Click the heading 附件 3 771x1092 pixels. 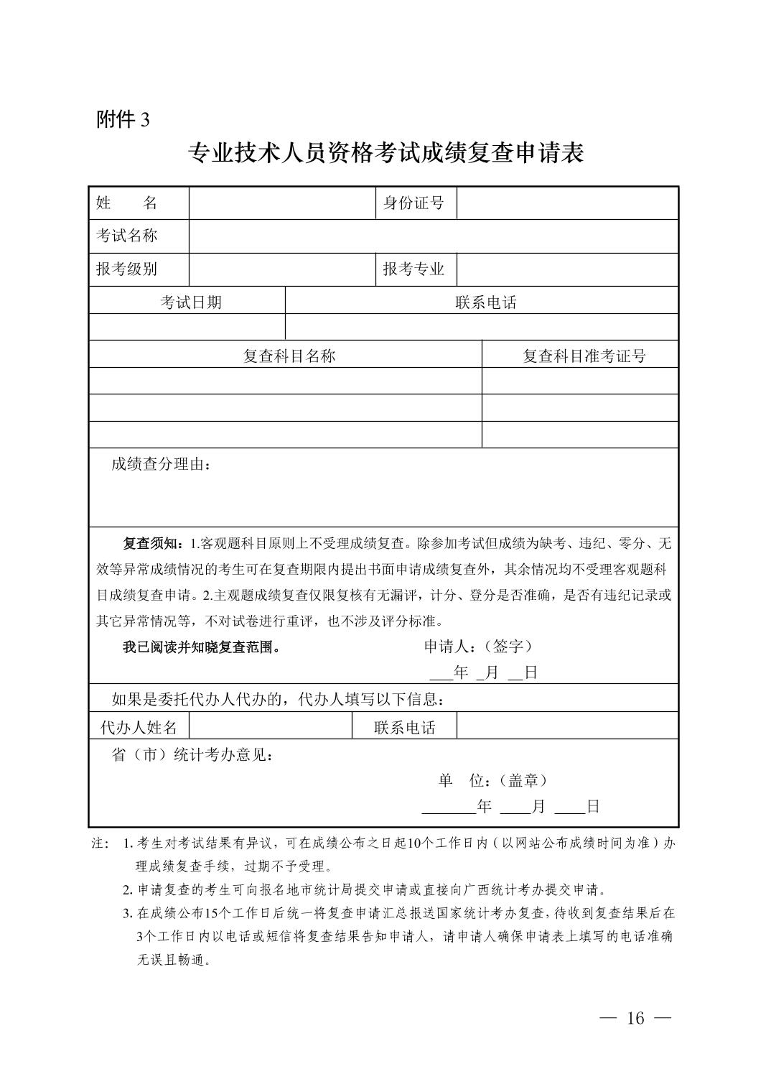123,119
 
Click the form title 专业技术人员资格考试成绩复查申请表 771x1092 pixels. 385,153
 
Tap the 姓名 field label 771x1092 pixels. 127,203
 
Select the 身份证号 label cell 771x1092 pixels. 414,203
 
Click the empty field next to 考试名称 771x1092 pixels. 433,236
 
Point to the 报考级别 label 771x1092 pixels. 127,269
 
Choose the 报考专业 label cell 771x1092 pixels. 414,269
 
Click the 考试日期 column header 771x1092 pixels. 190,302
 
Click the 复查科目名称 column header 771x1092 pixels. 289,356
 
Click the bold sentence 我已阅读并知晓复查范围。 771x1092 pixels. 201,647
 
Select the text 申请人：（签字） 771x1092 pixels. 479,647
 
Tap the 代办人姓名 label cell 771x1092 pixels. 139,727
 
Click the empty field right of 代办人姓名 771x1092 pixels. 270,726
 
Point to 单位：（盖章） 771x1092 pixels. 493,780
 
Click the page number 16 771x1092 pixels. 635,1018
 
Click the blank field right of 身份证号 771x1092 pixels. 567,203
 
